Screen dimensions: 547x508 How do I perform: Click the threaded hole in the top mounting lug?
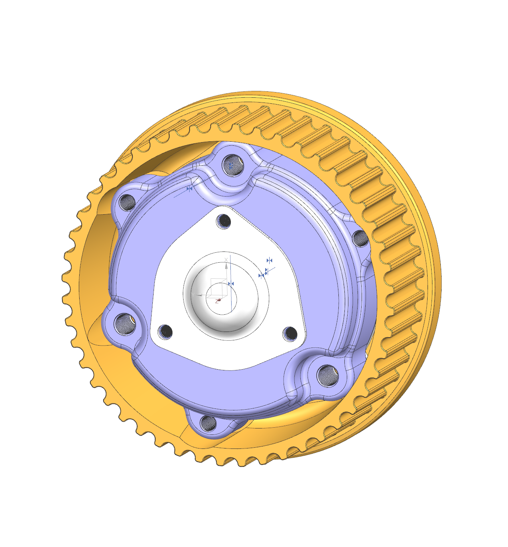point(232,165)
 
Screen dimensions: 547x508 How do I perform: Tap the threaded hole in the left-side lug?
point(124,324)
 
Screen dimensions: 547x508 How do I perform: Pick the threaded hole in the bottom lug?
point(208,423)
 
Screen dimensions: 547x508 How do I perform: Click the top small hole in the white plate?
point(224,221)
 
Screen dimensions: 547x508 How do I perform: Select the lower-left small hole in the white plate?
point(165,331)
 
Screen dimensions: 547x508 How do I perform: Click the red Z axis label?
point(218,301)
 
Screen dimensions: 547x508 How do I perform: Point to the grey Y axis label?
point(193,295)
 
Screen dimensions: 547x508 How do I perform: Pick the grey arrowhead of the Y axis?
point(199,295)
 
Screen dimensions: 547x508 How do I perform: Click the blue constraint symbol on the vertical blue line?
point(231,284)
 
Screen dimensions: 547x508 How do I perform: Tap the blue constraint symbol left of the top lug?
point(190,188)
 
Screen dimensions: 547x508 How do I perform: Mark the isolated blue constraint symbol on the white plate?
point(270,261)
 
